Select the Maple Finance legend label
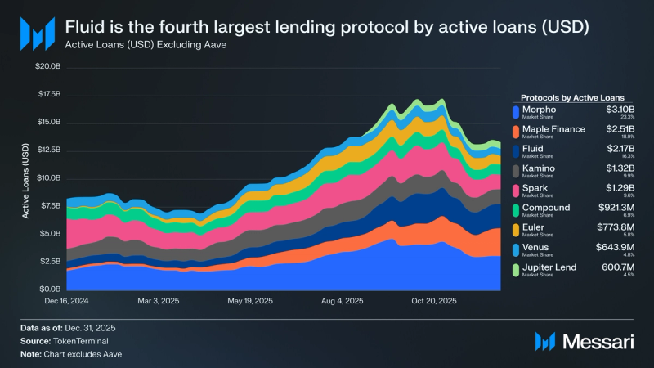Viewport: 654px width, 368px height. pos(553,128)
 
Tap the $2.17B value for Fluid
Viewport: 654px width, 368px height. pos(619,148)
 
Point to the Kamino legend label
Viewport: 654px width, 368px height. pos(539,168)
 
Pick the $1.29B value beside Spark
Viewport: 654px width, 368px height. pos(619,188)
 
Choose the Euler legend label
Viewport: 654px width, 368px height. pos(535,227)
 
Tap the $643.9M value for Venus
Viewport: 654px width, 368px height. pos(615,247)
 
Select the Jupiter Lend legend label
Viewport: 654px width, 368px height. pos(549,267)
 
